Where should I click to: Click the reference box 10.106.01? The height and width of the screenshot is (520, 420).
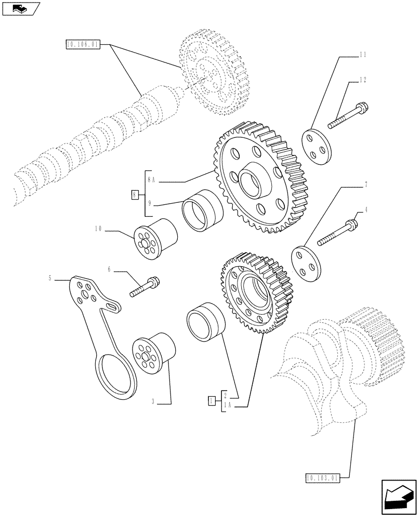tap(83, 45)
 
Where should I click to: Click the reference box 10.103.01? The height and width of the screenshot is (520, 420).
tap(322, 477)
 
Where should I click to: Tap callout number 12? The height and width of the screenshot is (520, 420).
tap(363, 80)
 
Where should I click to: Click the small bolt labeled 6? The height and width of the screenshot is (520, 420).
tap(146, 287)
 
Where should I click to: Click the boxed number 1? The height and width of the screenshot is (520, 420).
tap(211, 400)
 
